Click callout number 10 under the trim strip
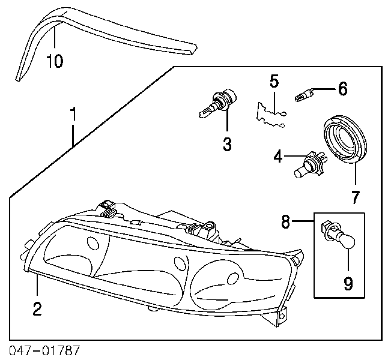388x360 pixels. click(x=55, y=61)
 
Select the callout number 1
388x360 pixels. click(x=73, y=114)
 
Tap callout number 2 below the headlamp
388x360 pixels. click(x=37, y=309)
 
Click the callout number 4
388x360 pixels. click(x=278, y=156)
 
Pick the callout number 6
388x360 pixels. click(x=342, y=89)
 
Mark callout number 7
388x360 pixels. click(x=355, y=197)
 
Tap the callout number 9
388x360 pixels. click(x=348, y=283)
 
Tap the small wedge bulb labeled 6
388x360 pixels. click(x=303, y=95)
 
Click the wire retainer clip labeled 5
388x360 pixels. click(x=270, y=115)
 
